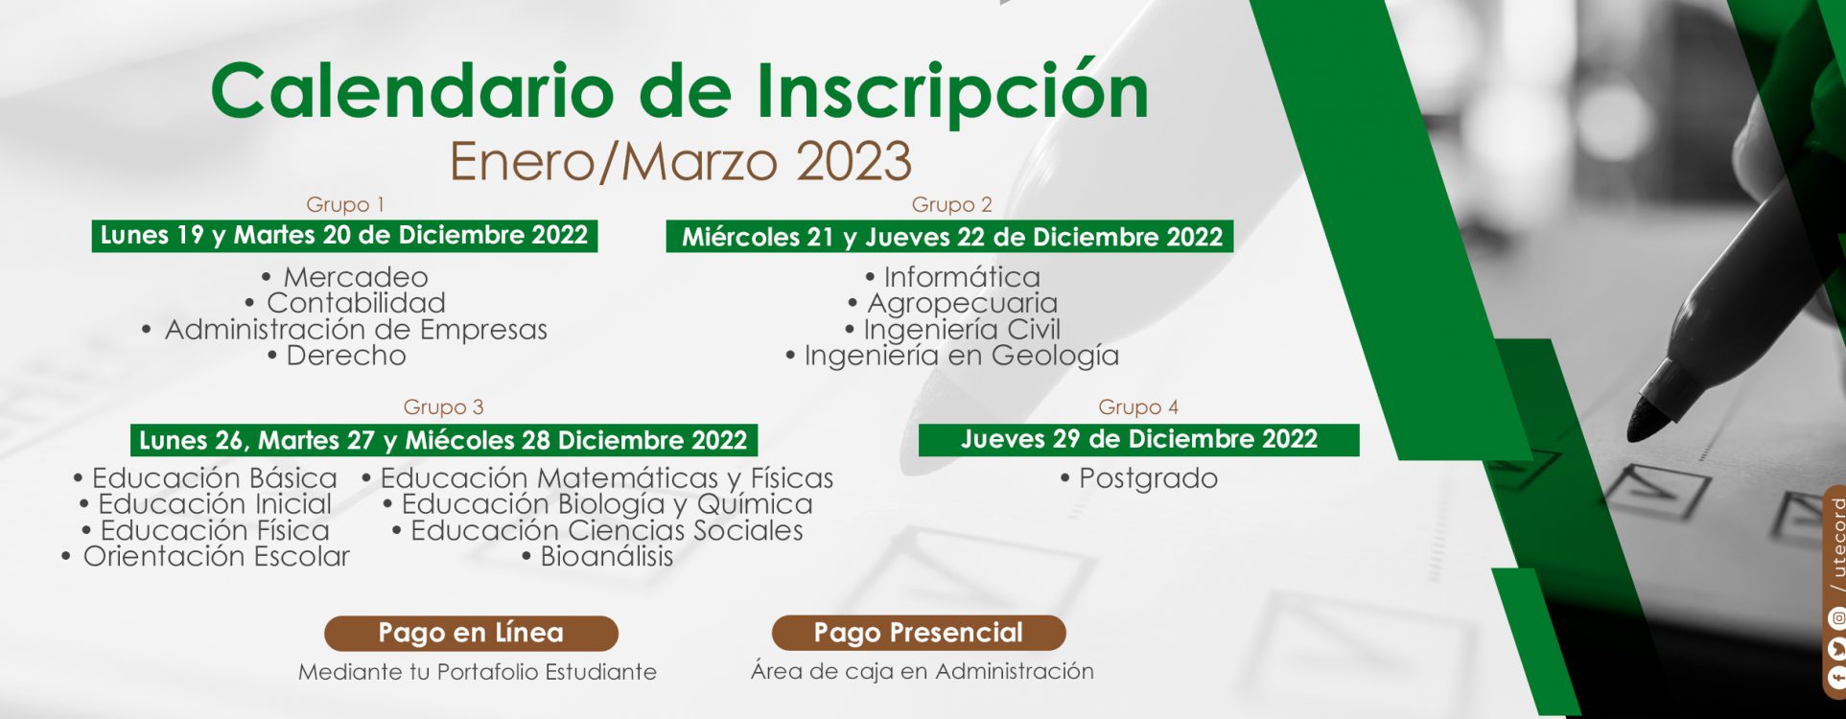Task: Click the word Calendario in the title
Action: click(x=412, y=91)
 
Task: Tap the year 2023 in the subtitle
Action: click(x=853, y=161)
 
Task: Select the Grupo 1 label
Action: click(x=345, y=204)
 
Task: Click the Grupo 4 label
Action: click(x=1138, y=406)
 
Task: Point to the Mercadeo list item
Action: click(x=345, y=277)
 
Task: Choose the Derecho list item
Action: click(x=337, y=356)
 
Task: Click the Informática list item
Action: click(x=952, y=277)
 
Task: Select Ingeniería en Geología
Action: click(x=952, y=356)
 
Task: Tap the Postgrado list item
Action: click(x=1139, y=478)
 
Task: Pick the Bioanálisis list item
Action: click(x=597, y=557)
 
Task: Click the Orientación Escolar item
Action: click(x=206, y=557)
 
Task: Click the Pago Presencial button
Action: click(x=919, y=633)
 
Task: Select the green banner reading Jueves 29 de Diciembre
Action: click(x=1139, y=440)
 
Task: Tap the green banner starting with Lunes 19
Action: click(x=344, y=236)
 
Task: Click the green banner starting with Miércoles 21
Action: click(x=949, y=237)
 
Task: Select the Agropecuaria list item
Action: click(x=952, y=304)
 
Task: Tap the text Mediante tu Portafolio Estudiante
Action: click(x=478, y=672)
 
